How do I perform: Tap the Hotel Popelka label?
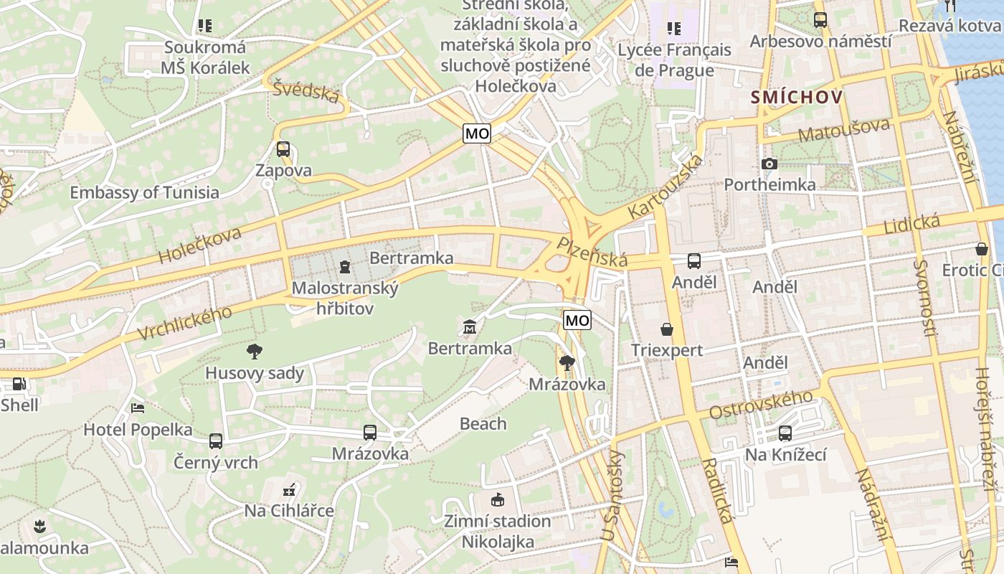pos(138,430)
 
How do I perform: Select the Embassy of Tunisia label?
pos(144,192)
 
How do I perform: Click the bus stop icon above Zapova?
pos(283,149)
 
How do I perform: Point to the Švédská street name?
pos(306,91)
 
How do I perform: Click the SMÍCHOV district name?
pos(796,97)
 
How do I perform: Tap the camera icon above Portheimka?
pos(769,164)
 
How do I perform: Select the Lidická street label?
pos(912,225)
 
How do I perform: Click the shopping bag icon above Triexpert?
pos(667,329)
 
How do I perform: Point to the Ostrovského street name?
pos(761,405)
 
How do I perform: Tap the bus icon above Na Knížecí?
pos(785,433)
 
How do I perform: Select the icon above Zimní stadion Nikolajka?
pos(497,499)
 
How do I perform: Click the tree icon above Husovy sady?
pos(254,351)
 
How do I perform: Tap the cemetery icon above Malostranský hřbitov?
pos(345,268)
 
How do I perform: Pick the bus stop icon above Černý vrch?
pos(216,441)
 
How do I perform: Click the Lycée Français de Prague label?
pos(674,60)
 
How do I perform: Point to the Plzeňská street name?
pos(593,252)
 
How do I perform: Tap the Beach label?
pos(483,423)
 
